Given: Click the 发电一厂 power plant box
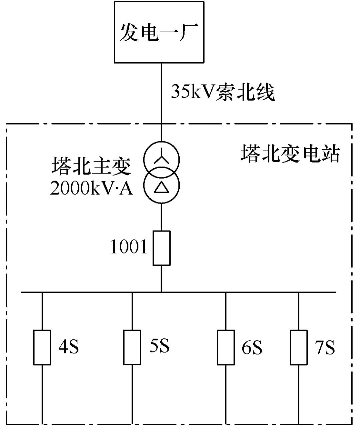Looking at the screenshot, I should pos(159,32).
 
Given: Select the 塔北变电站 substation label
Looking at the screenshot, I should pos(290,154).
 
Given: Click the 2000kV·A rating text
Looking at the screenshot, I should pos(91,189).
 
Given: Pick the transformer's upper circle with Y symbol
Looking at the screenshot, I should pos(161,158).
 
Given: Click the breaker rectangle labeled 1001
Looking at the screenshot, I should pos(161,248).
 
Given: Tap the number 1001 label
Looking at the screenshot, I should pos(129,247).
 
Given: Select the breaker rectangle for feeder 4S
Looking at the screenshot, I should pos(42,347).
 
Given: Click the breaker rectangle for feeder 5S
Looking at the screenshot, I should pos(132,347).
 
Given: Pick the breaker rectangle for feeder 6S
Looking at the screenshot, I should pos(226,347).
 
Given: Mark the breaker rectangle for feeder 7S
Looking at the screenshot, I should pos(298,347).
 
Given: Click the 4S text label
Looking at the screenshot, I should pos(69,347).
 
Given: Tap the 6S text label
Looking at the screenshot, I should pos(252,347).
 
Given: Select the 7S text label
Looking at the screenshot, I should pos(325,347).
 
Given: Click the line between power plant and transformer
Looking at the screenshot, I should pos(161,100).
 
